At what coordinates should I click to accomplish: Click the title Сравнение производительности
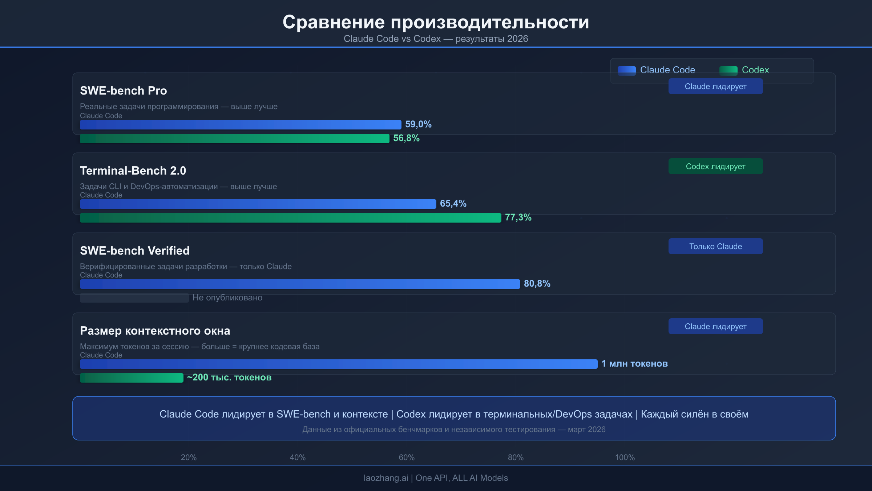pos(436,22)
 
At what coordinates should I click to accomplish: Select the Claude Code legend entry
pos(656,70)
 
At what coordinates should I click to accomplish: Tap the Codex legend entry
pos(744,70)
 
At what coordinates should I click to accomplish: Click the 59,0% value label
pos(418,124)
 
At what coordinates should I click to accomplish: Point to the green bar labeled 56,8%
pos(234,139)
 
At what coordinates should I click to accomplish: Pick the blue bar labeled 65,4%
pos(258,204)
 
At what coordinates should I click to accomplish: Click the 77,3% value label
pos(518,217)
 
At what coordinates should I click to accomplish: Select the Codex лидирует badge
pos(715,167)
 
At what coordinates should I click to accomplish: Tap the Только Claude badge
pos(715,247)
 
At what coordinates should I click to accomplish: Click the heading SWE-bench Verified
pos(135,251)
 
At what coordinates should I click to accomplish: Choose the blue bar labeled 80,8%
pos(300,284)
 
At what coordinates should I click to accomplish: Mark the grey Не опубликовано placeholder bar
pos(134,298)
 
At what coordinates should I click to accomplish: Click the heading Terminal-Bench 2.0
pos(133,171)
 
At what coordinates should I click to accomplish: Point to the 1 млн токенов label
pos(634,364)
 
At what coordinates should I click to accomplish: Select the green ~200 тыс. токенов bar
pos(132,378)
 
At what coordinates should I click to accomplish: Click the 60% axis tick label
pos(407,458)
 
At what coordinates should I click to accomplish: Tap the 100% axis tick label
pos(625,458)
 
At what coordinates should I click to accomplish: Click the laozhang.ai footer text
pos(436,478)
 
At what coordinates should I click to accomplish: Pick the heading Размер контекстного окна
pos(155,331)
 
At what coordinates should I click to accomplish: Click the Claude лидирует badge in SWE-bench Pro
pos(715,87)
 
